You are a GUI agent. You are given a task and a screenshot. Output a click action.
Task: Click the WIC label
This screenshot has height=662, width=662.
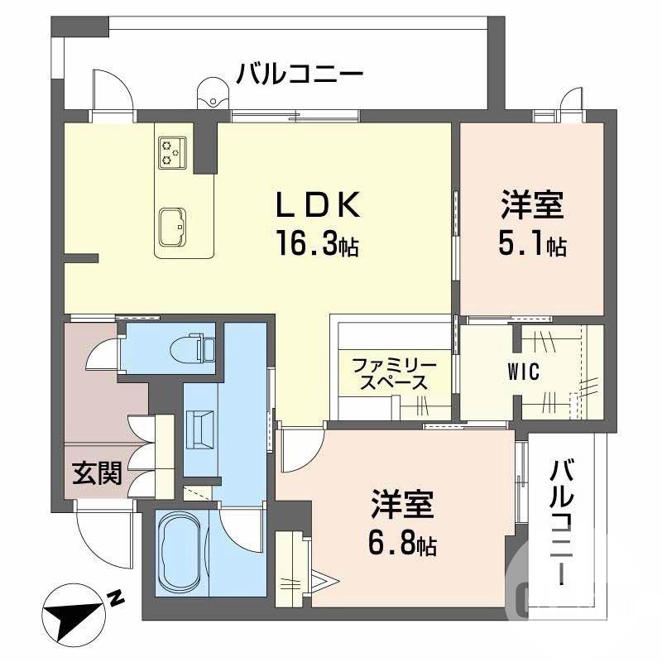pos(523,372)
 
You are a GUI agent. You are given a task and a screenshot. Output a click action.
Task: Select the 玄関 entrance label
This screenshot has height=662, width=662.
pos(97,473)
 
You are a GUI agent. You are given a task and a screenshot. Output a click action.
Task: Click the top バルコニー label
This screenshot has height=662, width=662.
pos(300,75)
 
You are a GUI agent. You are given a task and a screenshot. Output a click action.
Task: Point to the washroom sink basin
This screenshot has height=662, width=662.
pos(201,429)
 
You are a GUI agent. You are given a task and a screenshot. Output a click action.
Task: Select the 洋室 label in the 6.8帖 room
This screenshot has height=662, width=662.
pos(403,506)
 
